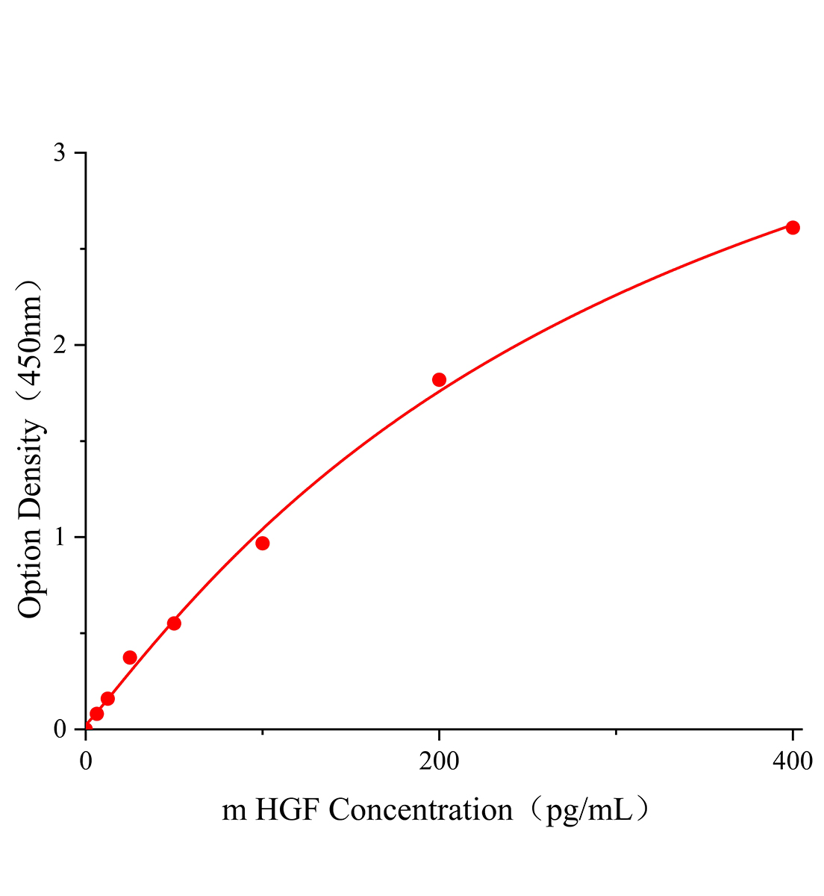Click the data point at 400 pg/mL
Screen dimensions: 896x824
tap(793, 227)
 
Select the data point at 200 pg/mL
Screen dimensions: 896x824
tap(439, 379)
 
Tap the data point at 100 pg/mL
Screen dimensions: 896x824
tap(262, 543)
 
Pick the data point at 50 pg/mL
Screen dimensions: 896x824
tap(174, 623)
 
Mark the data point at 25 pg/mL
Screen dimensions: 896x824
tap(130, 657)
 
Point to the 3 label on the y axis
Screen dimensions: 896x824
tap(59, 153)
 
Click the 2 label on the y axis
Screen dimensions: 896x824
tap(59, 345)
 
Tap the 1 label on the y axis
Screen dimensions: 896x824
tap(59, 537)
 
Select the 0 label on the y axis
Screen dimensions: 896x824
tap(59, 729)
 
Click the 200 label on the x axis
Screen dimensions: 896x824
tap(439, 762)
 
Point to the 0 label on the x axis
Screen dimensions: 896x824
tap(86, 762)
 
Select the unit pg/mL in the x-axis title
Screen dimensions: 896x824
tap(589, 809)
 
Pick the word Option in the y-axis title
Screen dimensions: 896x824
tap(31, 570)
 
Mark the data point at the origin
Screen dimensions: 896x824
tap(86, 728)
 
